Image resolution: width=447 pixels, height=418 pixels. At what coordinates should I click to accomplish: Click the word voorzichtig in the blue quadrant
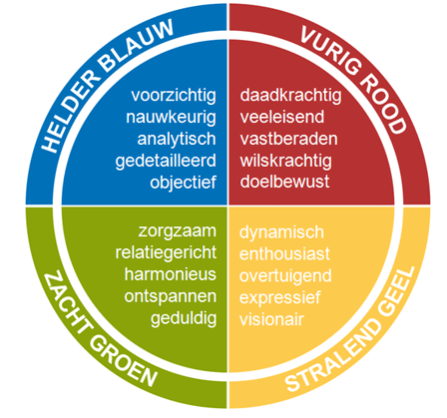[x=174, y=96]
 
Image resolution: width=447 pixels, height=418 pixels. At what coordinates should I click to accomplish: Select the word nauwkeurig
[x=171, y=118]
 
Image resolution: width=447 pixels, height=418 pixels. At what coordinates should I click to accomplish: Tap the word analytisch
[x=177, y=140]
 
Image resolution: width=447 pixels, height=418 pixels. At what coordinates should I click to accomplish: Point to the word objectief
[x=184, y=183]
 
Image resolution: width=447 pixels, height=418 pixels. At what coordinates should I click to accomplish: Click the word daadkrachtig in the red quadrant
[x=290, y=96]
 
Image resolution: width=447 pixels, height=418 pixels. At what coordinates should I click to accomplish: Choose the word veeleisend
[x=282, y=117]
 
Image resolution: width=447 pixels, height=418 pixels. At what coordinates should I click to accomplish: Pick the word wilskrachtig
[x=286, y=161]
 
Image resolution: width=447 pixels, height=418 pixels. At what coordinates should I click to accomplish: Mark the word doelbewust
[x=284, y=182]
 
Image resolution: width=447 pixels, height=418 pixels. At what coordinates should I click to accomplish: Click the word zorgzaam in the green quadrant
[x=178, y=231]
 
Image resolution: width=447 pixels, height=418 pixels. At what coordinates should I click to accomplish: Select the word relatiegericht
[x=166, y=253]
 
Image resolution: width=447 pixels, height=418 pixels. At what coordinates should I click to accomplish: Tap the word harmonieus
[x=171, y=274]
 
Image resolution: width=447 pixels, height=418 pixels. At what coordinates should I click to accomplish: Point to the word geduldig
[x=184, y=318]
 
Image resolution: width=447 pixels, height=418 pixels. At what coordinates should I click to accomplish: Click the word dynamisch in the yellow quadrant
[x=281, y=232]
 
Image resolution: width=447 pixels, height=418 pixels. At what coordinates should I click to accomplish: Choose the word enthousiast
[x=284, y=254]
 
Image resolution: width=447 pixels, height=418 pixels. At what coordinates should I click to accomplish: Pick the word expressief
[x=280, y=298]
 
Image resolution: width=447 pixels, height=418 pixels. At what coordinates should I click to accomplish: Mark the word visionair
[x=271, y=319]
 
